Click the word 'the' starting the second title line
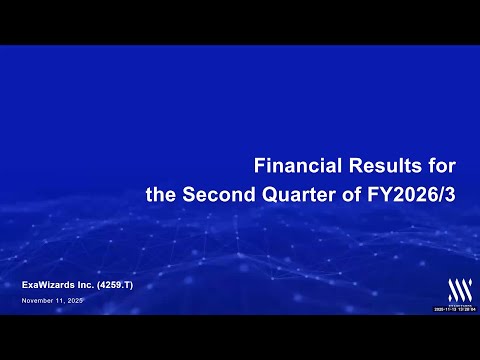tap(160, 195)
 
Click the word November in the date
tap(37, 301)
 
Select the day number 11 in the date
tap(60, 301)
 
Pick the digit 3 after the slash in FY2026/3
tap(450, 195)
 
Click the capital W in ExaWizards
tap(46, 286)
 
